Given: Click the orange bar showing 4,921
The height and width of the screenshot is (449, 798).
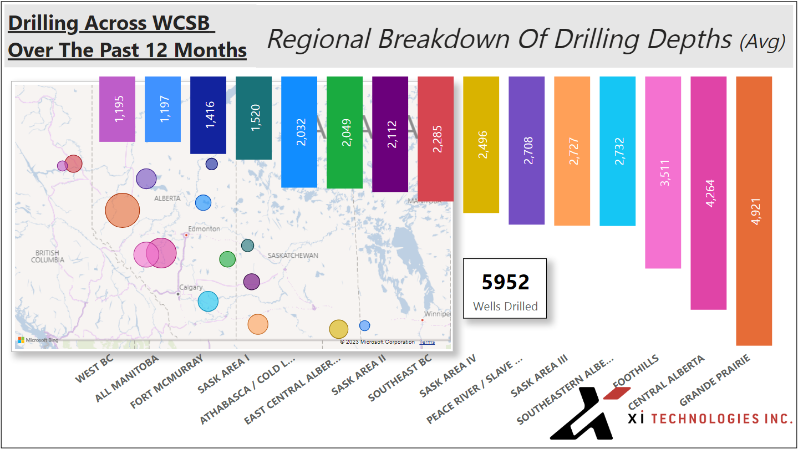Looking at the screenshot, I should tap(754, 211).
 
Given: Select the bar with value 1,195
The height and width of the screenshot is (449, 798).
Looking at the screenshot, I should tap(117, 109).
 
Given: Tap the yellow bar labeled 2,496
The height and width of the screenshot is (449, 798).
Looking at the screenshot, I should tap(481, 144).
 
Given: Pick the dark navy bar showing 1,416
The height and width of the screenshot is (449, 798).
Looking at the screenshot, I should tap(208, 115).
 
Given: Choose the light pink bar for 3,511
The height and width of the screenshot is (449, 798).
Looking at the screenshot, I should tap(663, 172).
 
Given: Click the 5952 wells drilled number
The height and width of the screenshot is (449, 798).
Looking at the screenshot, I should tap(505, 282).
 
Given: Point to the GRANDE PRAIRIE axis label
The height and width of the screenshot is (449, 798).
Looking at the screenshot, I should tap(715, 380).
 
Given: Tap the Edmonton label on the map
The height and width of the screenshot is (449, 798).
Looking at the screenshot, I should tap(204, 228).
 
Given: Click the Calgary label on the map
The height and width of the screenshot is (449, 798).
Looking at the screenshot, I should tap(191, 287).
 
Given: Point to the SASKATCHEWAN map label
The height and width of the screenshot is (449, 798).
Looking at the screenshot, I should tap(293, 256).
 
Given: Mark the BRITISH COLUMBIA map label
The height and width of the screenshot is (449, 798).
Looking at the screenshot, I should tap(48, 256).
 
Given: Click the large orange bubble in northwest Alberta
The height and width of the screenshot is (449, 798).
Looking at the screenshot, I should tap(123, 211).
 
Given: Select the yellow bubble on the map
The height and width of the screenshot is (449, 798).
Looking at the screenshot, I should tap(338, 329).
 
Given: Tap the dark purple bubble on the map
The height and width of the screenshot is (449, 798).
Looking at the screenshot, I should tap(252, 282).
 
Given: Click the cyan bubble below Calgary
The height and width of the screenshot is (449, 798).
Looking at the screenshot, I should tap(208, 301).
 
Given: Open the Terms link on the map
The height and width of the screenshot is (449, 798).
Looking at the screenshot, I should tap(427, 342).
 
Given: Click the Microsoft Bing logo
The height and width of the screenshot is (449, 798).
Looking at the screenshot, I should tap(38, 340).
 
